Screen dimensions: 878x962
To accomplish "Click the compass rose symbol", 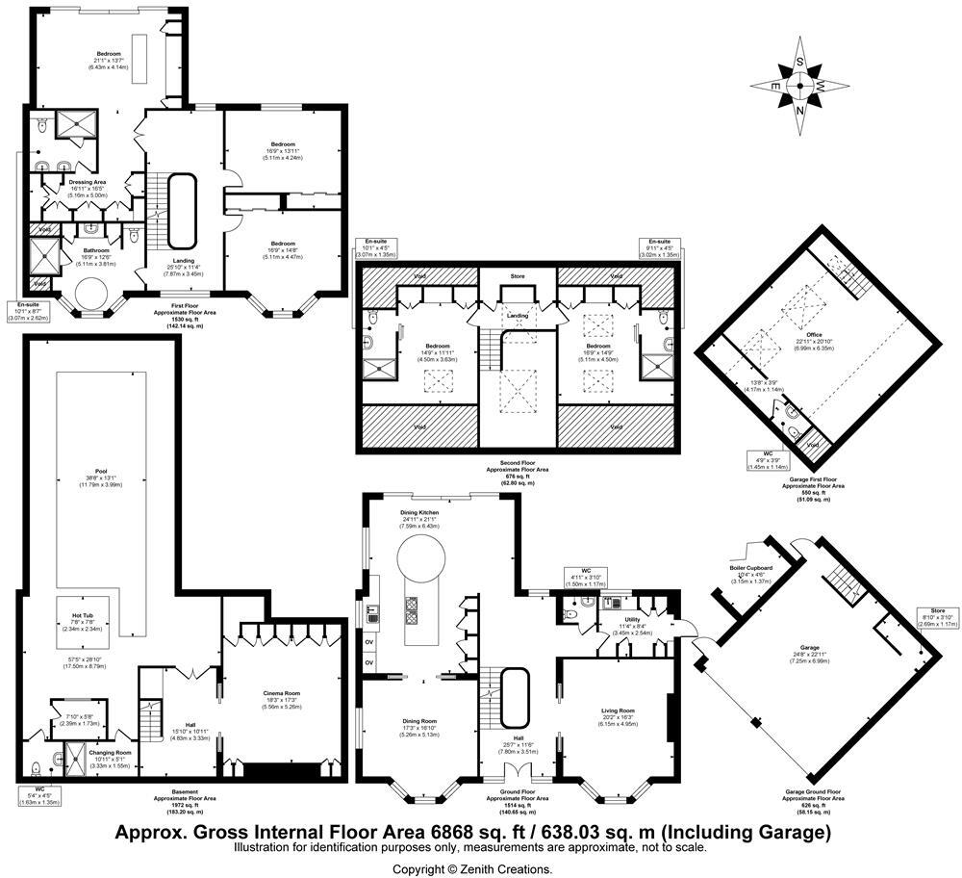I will (799, 84).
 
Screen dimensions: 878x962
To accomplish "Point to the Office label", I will (814, 334).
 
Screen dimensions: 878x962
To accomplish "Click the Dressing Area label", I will (87, 182).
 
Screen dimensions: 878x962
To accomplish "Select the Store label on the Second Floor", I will (518, 277).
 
